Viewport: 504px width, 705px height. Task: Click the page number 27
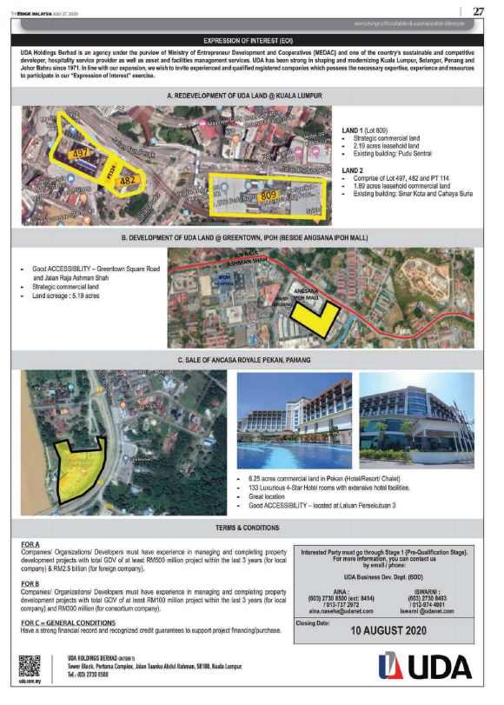(x=478, y=10)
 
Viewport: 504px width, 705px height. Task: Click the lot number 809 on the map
(x=269, y=197)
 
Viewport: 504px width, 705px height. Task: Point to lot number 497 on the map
(x=83, y=153)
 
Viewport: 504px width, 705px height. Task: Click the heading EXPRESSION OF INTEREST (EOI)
(x=252, y=40)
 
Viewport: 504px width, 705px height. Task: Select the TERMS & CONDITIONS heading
(x=252, y=529)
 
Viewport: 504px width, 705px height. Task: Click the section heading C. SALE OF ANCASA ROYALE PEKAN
(x=252, y=359)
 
